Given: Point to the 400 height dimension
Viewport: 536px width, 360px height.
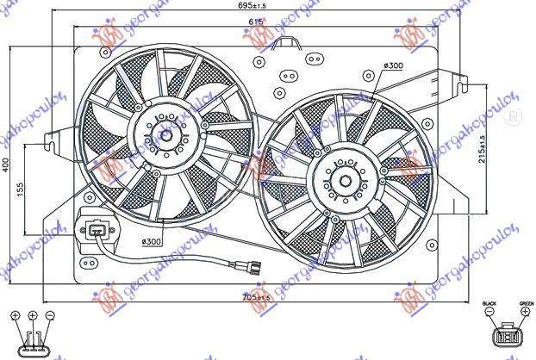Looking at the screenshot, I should [8, 165].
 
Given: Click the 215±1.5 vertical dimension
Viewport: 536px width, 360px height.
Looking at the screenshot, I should [483, 147].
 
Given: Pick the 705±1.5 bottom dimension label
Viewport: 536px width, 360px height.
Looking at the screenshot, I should [261, 298].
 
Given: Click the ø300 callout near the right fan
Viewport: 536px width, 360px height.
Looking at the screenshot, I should [395, 66].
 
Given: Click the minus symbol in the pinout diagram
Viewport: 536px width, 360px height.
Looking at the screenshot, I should [50, 316].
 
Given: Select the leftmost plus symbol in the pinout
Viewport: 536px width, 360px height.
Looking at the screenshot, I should [16, 316].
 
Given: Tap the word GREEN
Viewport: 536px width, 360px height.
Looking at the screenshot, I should [526, 304].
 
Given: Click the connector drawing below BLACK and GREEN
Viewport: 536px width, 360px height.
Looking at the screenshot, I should [508, 335].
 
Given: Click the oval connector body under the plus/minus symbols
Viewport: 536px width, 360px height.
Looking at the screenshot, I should [33, 339].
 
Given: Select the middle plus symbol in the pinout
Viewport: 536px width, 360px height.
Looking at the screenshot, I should [32, 316].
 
